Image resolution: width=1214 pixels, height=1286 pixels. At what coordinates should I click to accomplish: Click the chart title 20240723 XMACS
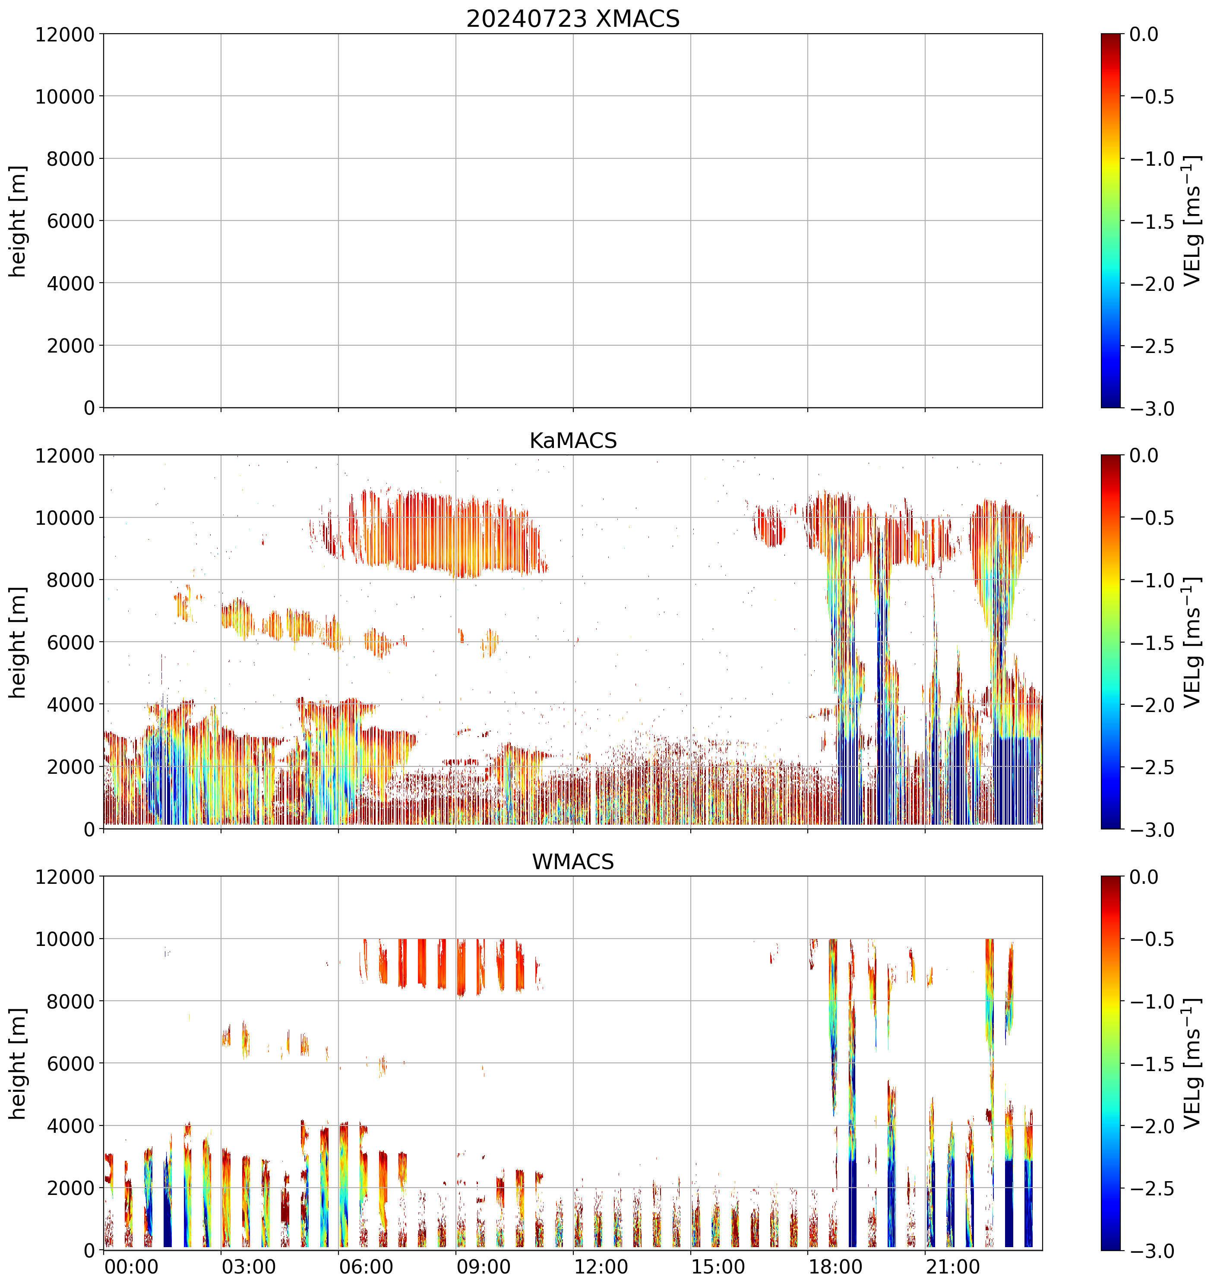[x=573, y=19]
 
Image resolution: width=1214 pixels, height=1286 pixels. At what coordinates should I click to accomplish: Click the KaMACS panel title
[x=573, y=441]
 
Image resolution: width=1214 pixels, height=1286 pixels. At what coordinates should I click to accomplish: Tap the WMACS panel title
[x=573, y=862]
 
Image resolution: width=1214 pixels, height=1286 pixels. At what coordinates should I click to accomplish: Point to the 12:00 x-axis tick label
[x=601, y=1267]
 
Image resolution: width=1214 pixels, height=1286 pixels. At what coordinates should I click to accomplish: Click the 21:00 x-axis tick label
[x=953, y=1267]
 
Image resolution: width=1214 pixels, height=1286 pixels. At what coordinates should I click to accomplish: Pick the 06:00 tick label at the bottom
[x=366, y=1267]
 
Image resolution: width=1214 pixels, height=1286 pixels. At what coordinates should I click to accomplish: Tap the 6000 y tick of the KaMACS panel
[x=70, y=643]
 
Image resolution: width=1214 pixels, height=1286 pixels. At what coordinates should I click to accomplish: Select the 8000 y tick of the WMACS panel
[x=70, y=1001]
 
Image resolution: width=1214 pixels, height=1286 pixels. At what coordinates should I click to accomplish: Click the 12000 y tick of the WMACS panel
[x=65, y=877]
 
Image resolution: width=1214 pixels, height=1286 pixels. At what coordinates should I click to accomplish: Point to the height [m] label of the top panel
[x=19, y=221]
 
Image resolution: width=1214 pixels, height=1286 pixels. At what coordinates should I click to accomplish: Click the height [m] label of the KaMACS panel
[x=19, y=643]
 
